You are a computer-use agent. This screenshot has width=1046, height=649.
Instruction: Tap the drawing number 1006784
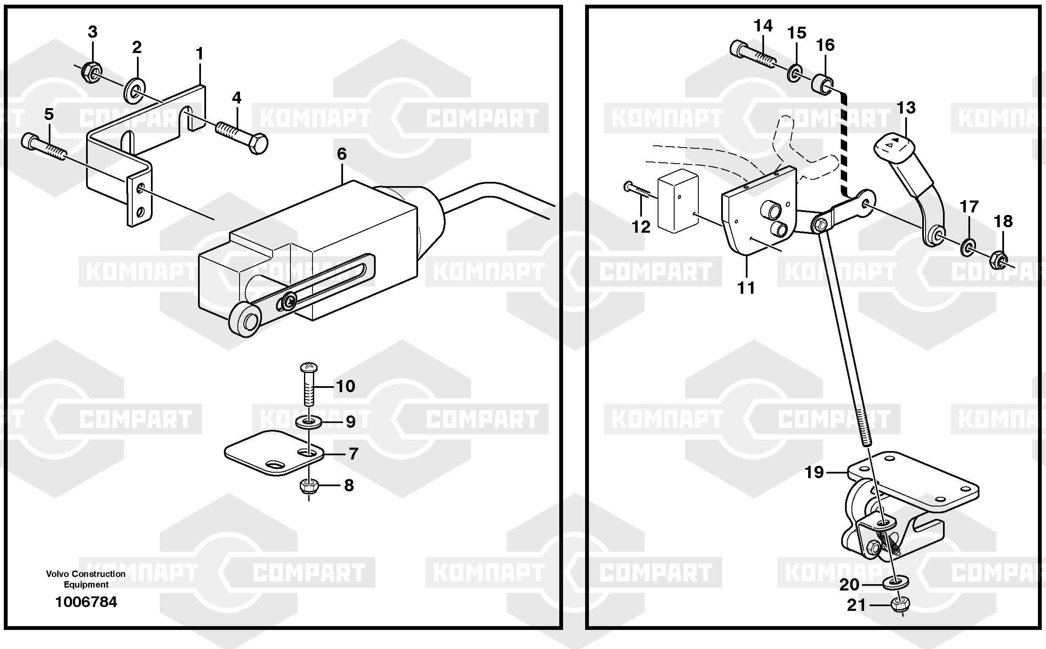[86, 602]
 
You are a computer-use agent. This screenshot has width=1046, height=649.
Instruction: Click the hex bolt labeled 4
[243, 136]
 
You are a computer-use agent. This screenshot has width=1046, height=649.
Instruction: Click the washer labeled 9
[309, 422]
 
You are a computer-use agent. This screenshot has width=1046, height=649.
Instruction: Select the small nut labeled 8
[308, 486]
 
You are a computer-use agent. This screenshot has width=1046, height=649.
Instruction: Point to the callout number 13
[906, 108]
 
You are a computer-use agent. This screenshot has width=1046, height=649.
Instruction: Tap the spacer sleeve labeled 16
[822, 85]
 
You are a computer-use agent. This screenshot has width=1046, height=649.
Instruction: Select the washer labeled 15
[795, 73]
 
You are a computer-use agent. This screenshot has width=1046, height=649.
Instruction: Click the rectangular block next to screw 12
[678, 201]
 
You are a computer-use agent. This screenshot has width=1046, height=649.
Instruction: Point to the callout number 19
[814, 473]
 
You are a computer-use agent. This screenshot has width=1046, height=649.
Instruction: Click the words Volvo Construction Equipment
[86, 579]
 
